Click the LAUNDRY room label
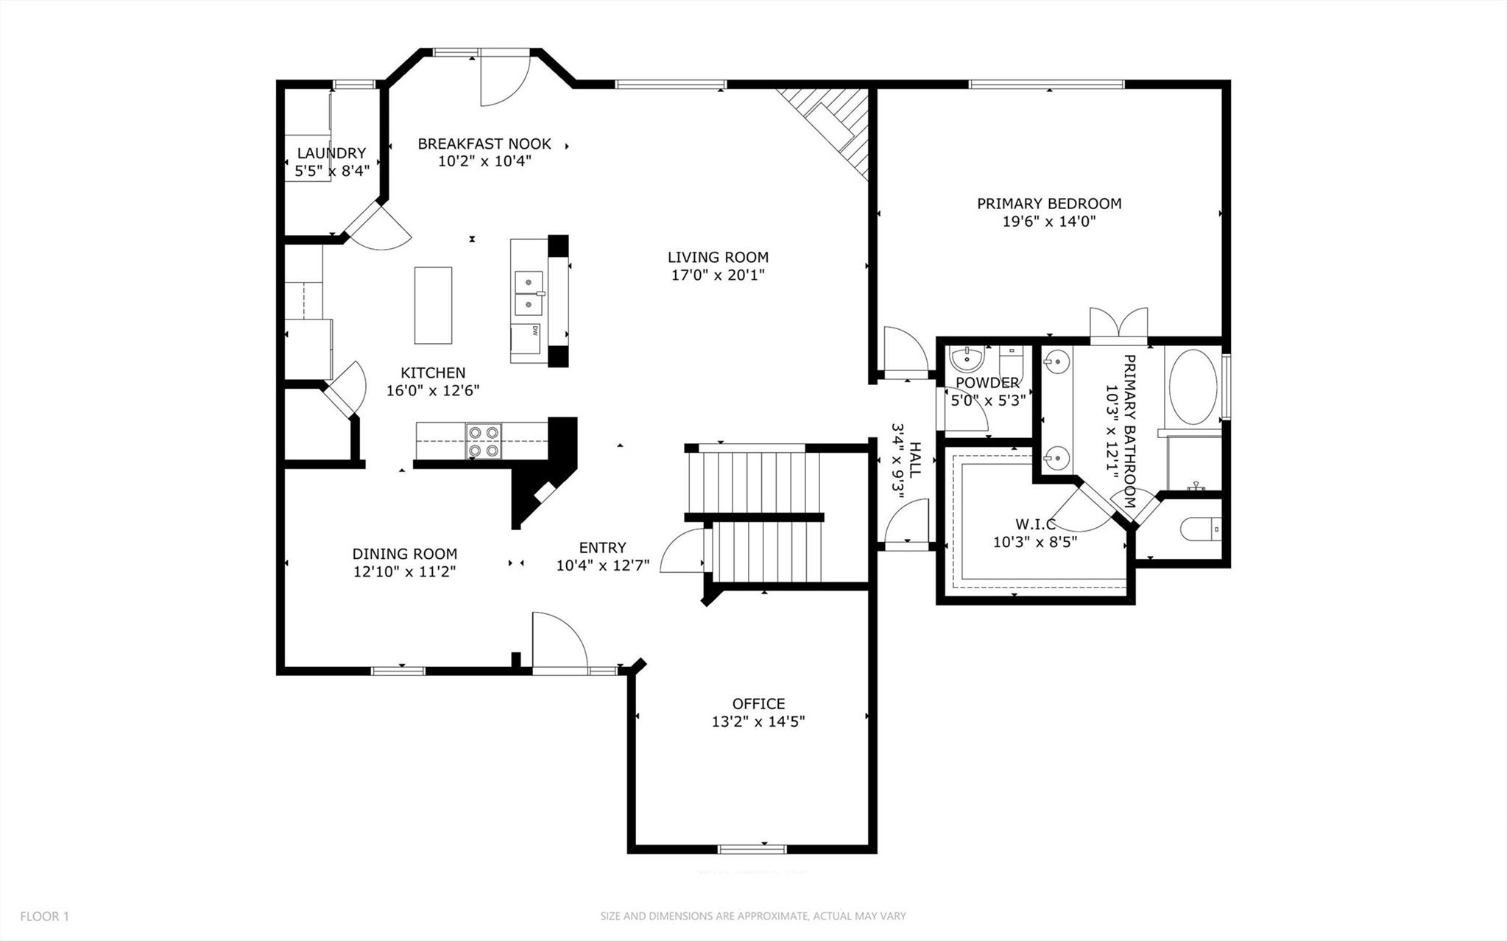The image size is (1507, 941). pos(331,153)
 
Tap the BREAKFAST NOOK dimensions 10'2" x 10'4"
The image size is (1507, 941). pos(484,161)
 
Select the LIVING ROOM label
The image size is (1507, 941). pos(718,257)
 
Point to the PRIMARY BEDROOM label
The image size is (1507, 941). pos(1048,203)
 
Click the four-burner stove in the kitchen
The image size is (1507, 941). pos(484,442)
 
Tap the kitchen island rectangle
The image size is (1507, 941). pos(433,305)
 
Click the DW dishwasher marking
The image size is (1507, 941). pos(535,330)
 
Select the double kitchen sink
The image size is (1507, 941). pos(528,292)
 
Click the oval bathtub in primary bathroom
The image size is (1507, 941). pos(1193,387)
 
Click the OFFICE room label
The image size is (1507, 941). pos(758,703)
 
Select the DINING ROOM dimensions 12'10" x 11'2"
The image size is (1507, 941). pos(404,571)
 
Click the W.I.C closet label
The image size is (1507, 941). pos(1035,524)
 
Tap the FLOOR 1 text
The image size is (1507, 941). pos(44,916)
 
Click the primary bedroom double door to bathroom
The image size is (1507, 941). pos(1118,324)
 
